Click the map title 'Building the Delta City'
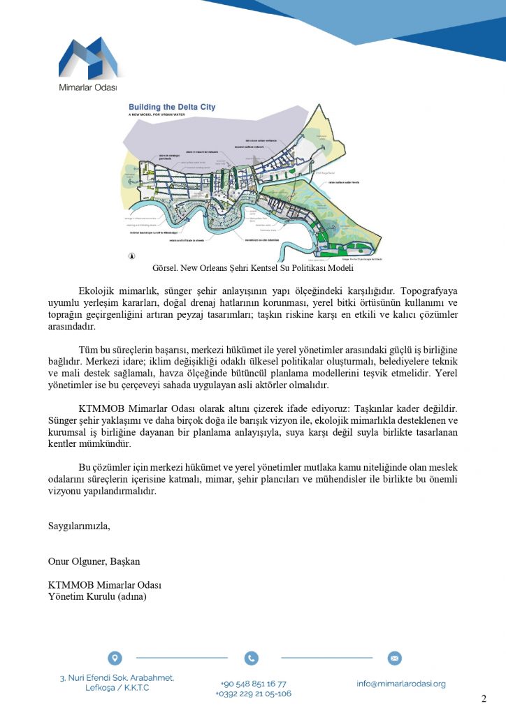click(x=172, y=108)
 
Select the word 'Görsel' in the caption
click(x=165, y=268)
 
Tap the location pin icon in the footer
click(x=115, y=658)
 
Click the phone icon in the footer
click(x=252, y=658)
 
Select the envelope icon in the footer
click(x=394, y=658)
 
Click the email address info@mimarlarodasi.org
click(x=400, y=684)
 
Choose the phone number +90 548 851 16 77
click(x=253, y=684)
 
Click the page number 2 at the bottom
click(x=484, y=700)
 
